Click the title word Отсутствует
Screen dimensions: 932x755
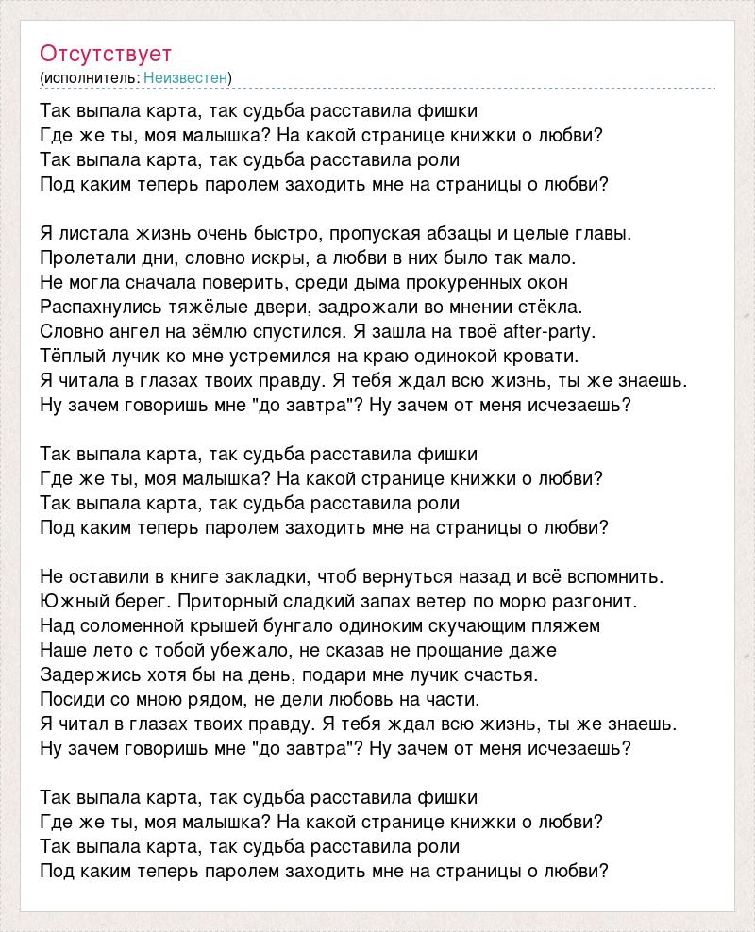(x=106, y=53)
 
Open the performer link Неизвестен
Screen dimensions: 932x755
(x=187, y=77)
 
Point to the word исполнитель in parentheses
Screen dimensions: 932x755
(x=91, y=77)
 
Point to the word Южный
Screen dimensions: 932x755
(x=70, y=601)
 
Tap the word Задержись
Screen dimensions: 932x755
(x=86, y=674)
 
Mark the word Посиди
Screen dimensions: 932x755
(x=72, y=699)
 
